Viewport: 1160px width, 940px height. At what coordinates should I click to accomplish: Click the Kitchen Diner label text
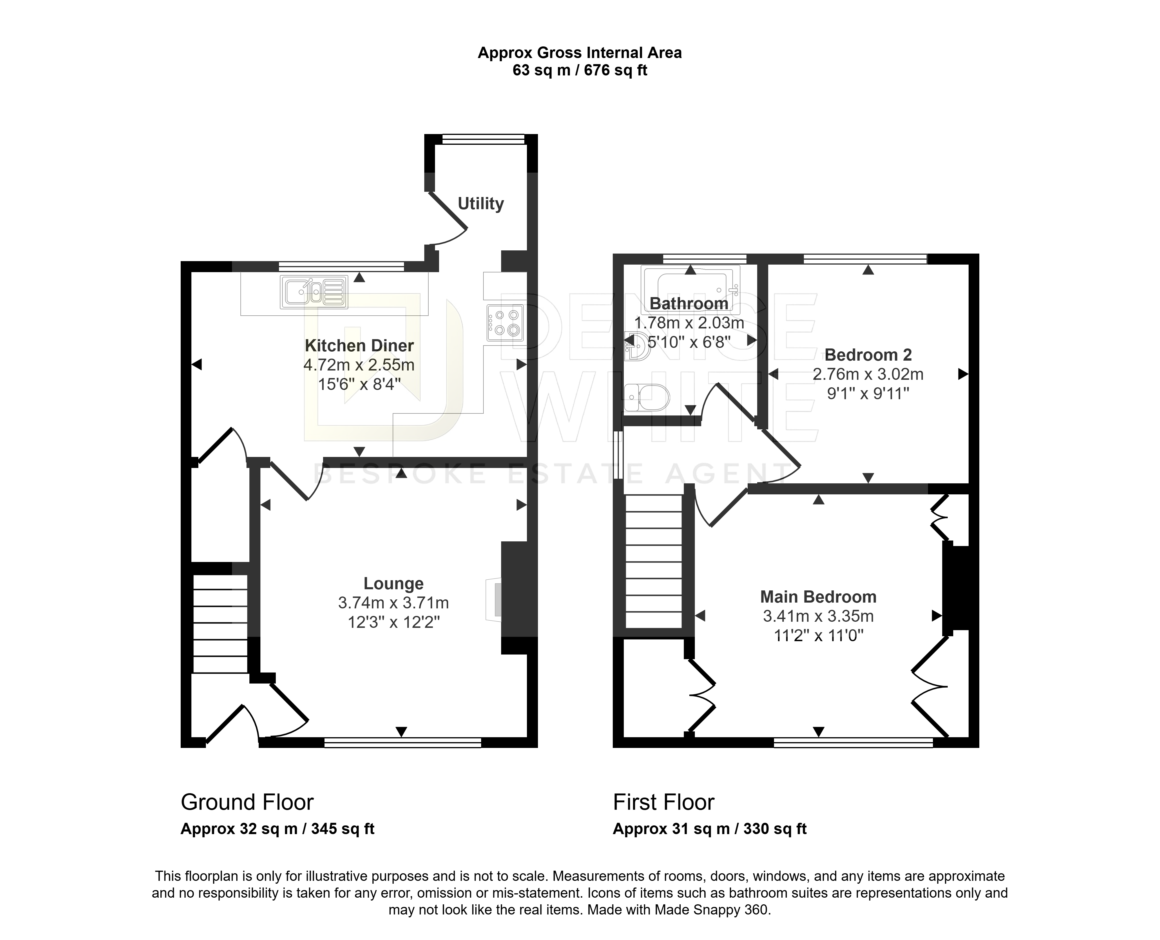pos(359,346)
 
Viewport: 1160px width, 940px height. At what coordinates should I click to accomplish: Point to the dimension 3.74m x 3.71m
pos(394,603)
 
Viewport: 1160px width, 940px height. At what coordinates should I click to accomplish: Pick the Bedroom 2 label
pos(868,355)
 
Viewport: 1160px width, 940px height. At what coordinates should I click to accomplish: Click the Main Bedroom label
pos(818,597)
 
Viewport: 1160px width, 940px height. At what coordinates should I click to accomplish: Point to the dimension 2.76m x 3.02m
pos(868,374)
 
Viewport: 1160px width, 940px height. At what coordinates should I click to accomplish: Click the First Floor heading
pos(664,802)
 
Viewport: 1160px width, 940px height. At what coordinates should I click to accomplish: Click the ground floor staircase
pos(220,623)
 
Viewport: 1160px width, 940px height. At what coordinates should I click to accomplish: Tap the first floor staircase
pos(654,561)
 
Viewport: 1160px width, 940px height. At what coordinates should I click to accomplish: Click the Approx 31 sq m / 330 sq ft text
pos(710,829)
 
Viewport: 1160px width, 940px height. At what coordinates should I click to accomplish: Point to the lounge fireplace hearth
pos(494,599)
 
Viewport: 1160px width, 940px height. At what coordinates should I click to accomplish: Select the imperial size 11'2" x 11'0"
pos(818,635)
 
